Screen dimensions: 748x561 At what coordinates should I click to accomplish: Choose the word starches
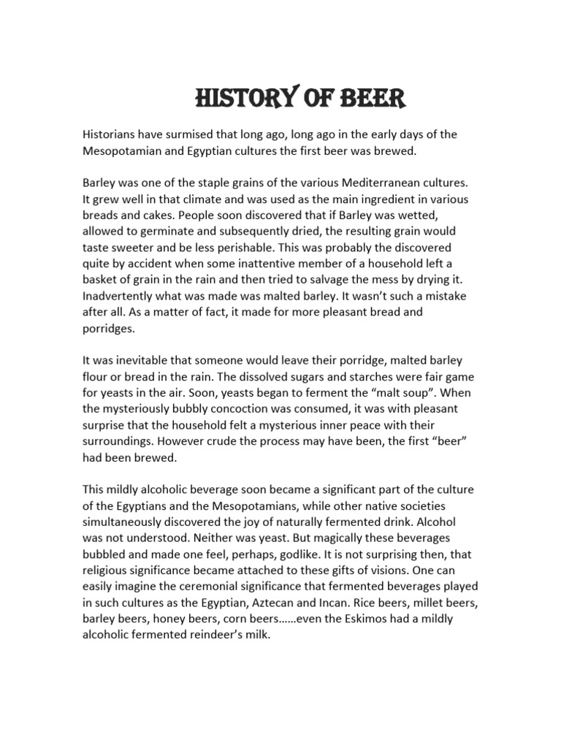382,377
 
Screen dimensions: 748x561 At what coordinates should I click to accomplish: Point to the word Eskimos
383,618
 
